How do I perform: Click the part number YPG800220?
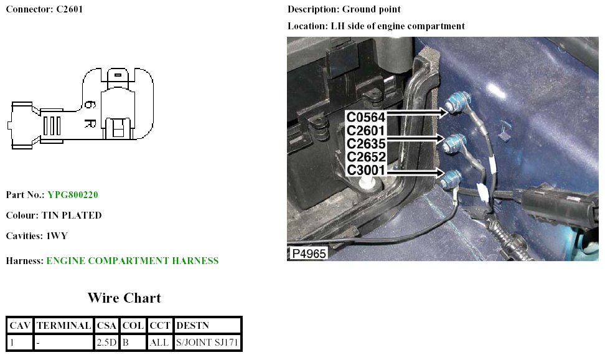pos(72,195)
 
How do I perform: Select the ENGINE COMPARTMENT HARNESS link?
pos(132,261)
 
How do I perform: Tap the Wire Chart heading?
pos(124,298)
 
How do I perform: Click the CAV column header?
pos(20,325)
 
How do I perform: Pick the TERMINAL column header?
pos(65,325)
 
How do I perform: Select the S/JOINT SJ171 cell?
pos(207,342)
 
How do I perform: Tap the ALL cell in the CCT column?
pos(159,342)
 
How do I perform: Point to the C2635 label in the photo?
pos(366,144)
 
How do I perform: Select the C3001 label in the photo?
pos(366,170)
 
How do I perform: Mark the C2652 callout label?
pos(366,157)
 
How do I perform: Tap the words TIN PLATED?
pos(71,216)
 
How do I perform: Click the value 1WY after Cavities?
pos(55,236)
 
